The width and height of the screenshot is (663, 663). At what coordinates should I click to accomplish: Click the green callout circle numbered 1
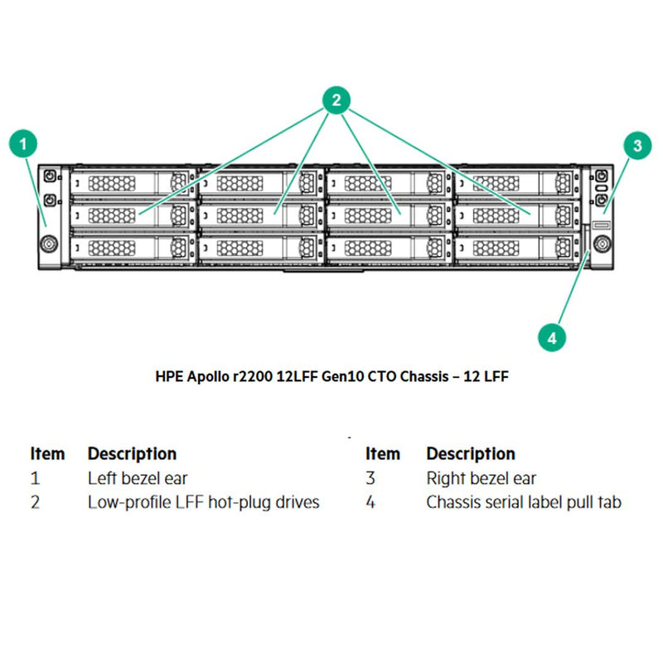click(23, 143)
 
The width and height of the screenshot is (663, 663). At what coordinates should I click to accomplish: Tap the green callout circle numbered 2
click(336, 101)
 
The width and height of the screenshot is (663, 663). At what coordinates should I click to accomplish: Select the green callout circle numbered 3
click(636, 147)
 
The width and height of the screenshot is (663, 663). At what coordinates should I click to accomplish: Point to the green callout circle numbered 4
click(552, 337)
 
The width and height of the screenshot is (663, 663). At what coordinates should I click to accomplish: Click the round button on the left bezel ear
click(48, 244)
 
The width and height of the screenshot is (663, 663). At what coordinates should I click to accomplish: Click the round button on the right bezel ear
click(600, 243)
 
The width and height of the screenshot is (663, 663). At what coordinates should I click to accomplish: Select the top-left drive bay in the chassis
click(133, 182)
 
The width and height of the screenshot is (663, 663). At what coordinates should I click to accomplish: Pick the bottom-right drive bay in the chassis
click(517, 247)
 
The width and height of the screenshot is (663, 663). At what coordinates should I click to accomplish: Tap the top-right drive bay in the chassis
click(517, 182)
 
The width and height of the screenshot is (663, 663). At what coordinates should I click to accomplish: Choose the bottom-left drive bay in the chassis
click(133, 247)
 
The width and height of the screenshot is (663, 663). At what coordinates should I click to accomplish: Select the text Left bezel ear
click(138, 478)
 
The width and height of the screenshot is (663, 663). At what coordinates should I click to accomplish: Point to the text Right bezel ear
click(481, 478)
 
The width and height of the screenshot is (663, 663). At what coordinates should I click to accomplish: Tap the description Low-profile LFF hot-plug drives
click(203, 502)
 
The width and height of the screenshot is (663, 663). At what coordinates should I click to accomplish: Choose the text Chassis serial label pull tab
click(523, 502)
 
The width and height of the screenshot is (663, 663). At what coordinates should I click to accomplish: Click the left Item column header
click(47, 454)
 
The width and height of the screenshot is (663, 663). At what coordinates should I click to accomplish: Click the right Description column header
click(470, 454)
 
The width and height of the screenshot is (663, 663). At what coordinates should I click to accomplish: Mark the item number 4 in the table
click(370, 503)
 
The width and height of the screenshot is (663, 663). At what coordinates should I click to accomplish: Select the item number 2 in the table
click(35, 503)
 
